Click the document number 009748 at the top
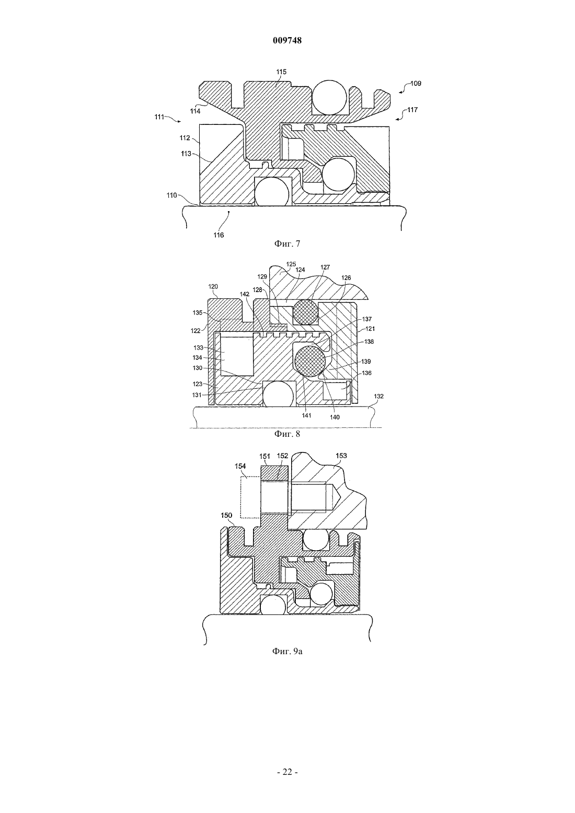[287, 40]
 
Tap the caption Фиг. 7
[287, 243]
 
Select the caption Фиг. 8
[287, 434]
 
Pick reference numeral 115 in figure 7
[281, 72]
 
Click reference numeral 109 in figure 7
[416, 84]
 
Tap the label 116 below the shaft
[218, 235]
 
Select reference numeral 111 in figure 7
[159, 117]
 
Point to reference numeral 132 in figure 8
[378, 397]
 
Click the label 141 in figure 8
[307, 415]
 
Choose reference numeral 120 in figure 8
[213, 286]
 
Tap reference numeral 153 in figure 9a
[341, 456]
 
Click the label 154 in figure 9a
[240, 466]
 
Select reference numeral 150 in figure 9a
[226, 515]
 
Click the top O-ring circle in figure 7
[329, 97]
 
